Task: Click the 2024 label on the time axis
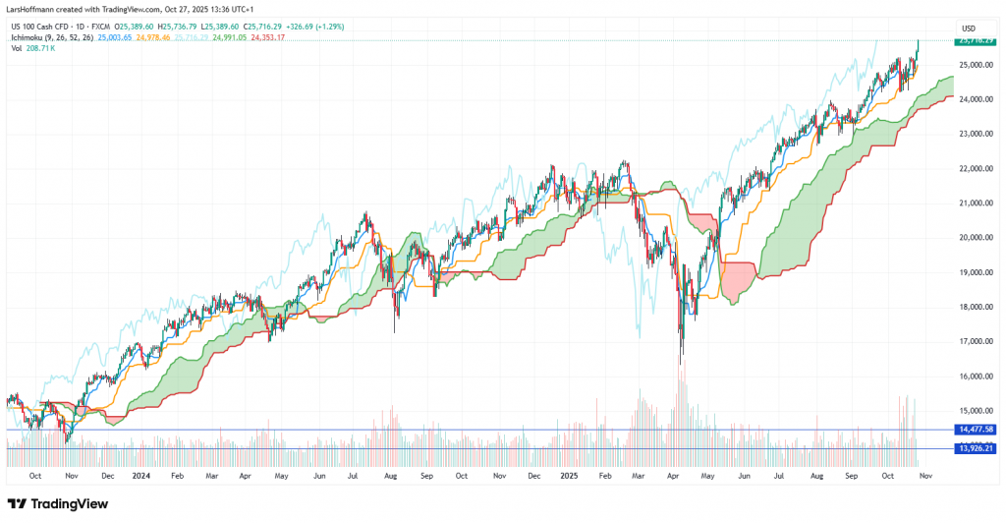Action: coord(141,475)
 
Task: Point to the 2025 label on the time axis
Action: coord(570,475)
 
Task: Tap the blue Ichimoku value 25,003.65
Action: coord(117,37)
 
